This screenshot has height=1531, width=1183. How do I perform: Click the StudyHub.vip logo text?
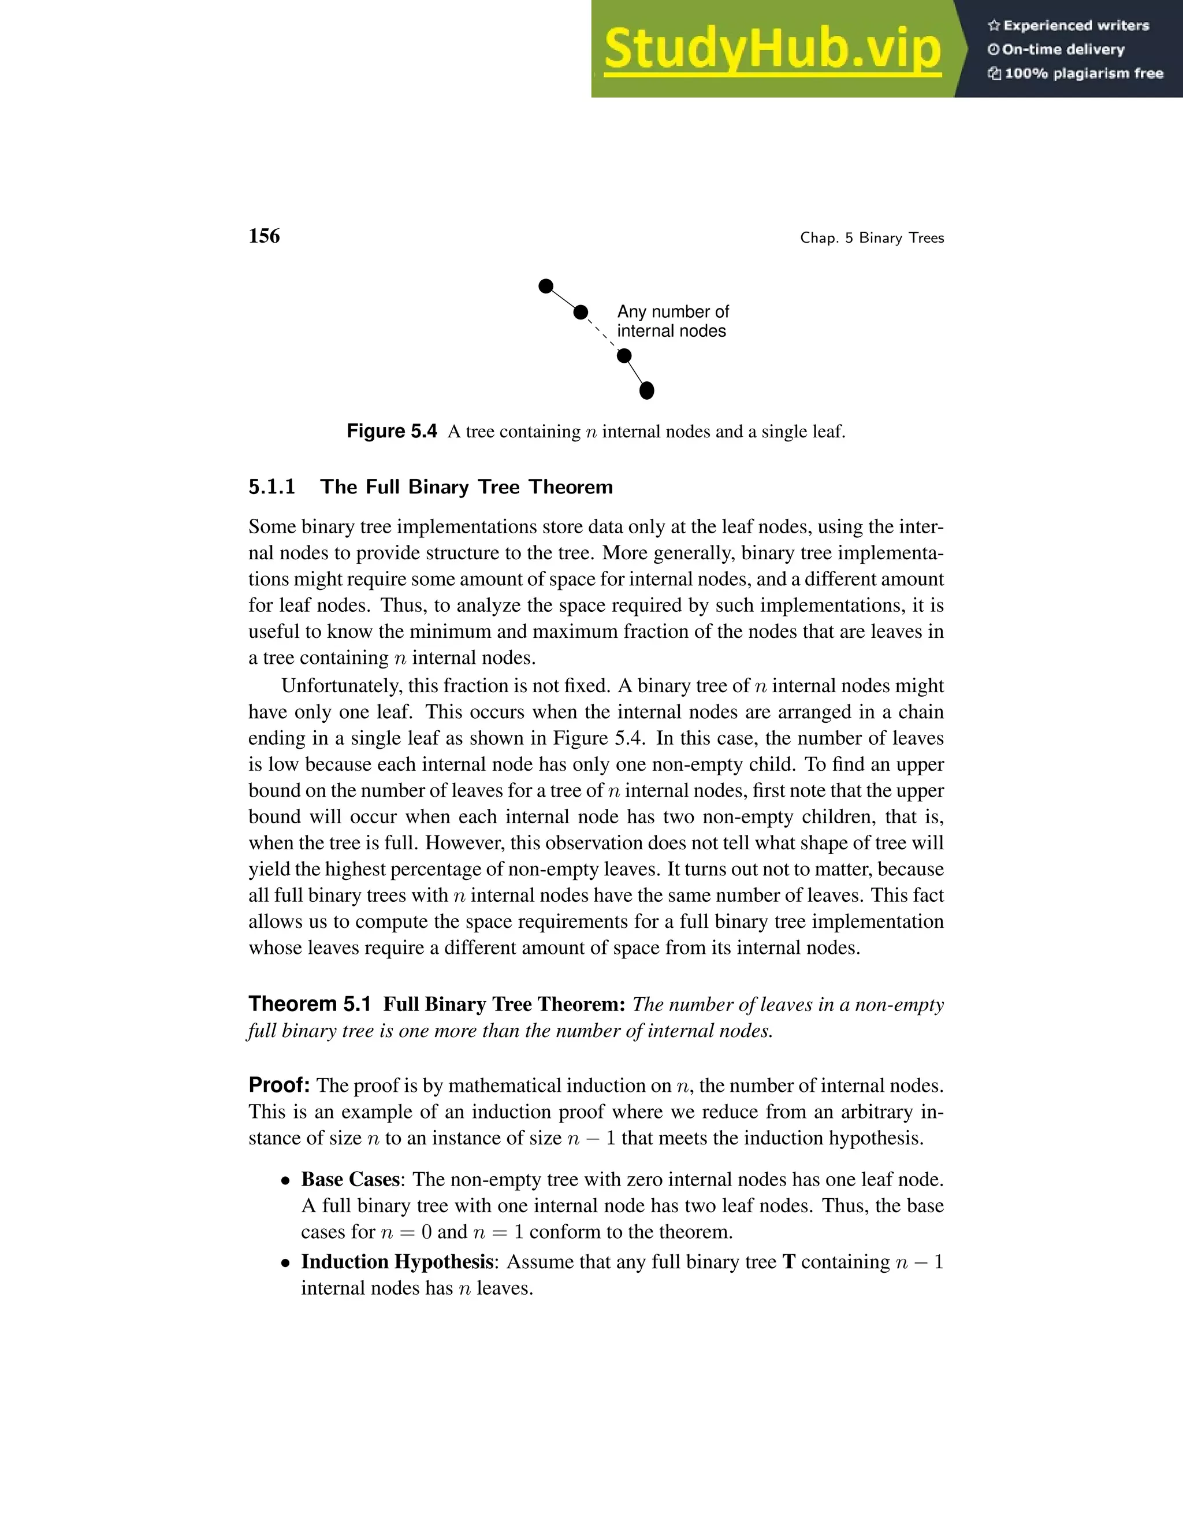tap(772, 49)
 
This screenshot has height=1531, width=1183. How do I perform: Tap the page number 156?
tap(264, 236)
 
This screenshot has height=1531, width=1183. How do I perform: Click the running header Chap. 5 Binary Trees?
tap(872, 239)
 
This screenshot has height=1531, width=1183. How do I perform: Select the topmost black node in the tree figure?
tap(546, 286)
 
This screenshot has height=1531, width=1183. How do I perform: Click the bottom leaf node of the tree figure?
tap(647, 391)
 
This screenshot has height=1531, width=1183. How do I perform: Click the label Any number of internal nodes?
tap(673, 321)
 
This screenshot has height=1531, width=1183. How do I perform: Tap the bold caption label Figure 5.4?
tap(392, 431)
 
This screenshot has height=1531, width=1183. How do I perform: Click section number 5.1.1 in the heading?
tap(272, 487)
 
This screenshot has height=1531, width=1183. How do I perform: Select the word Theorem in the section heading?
tap(571, 487)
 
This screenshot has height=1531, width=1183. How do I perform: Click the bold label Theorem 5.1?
tap(309, 1005)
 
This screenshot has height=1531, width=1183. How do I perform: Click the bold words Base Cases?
tap(349, 1180)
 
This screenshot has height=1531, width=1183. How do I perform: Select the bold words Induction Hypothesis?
tap(397, 1262)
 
